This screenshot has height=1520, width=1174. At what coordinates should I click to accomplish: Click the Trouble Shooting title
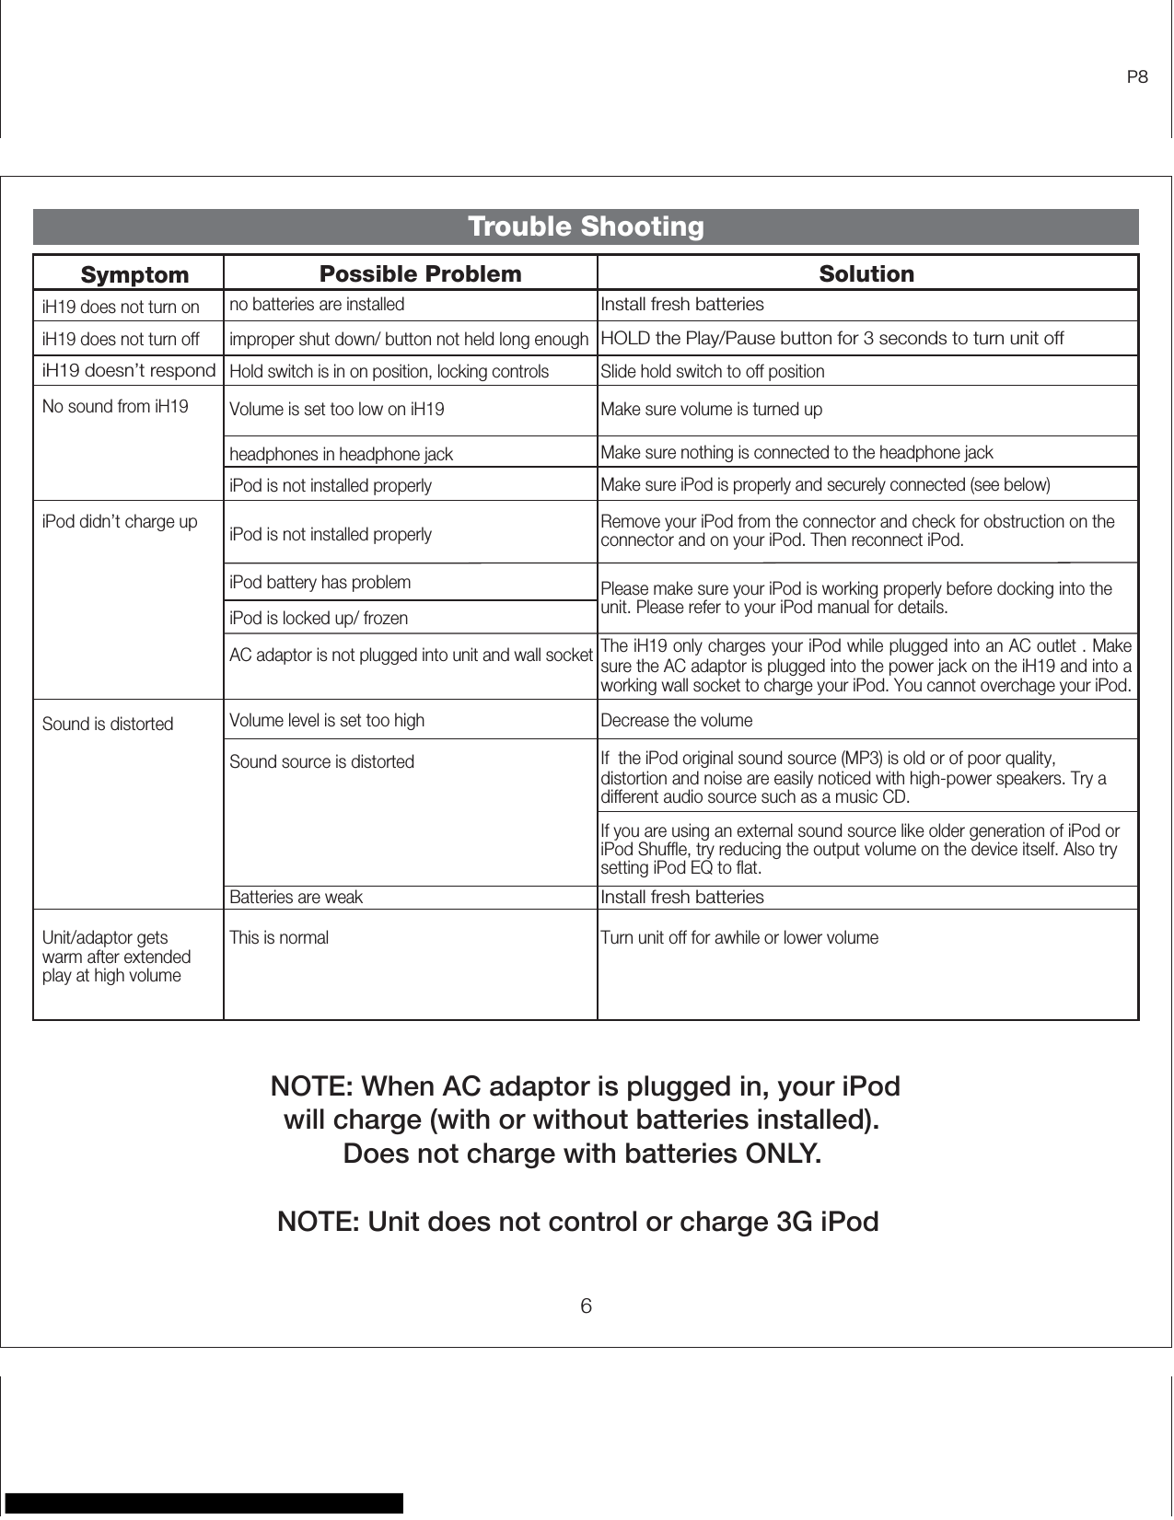pyautogui.click(x=586, y=226)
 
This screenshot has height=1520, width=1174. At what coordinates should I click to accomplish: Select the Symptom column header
pyautogui.click(x=134, y=275)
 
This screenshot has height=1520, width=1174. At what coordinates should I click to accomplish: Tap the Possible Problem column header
pyautogui.click(x=420, y=274)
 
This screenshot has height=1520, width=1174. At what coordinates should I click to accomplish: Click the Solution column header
pyautogui.click(x=866, y=274)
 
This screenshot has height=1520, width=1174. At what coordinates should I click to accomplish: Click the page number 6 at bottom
pyautogui.click(x=586, y=1306)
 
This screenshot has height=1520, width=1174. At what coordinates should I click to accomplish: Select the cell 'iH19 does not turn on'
pyautogui.click(x=121, y=307)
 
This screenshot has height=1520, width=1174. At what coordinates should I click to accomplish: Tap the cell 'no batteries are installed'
pyautogui.click(x=316, y=304)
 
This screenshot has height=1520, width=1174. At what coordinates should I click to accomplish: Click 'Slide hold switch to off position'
pyautogui.click(x=713, y=372)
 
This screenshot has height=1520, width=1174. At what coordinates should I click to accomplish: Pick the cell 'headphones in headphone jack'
pyautogui.click(x=341, y=454)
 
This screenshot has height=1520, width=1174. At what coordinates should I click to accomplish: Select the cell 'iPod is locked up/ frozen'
pyautogui.click(x=318, y=618)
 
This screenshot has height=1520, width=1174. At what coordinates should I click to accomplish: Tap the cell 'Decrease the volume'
pyautogui.click(x=676, y=720)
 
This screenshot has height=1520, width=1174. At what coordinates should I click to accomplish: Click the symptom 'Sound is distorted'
pyautogui.click(x=108, y=724)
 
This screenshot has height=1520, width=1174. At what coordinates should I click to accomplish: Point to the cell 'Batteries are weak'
pyautogui.click(x=296, y=897)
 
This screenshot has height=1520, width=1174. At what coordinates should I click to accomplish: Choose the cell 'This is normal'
pyautogui.click(x=278, y=937)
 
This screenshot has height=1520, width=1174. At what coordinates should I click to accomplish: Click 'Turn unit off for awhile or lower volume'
pyautogui.click(x=739, y=937)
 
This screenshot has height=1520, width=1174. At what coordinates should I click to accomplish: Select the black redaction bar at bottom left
pyautogui.click(x=204, y=1503)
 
